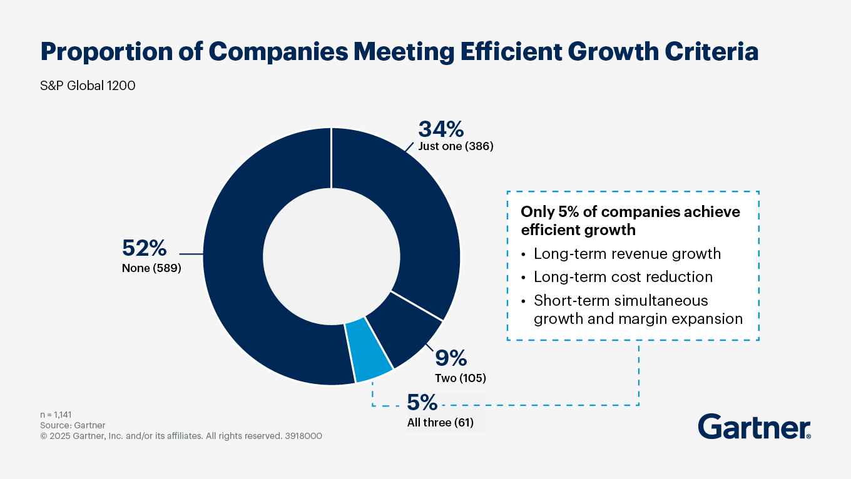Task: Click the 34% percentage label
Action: [x=441, y=129]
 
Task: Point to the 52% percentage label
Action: [x=144, y=248]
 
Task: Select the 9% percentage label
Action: [x=451, y=358]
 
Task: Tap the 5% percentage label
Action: [x=422, y=402]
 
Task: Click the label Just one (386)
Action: [x=456, y=148]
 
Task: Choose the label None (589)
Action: [x=151, y=270]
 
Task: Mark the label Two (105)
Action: [x=460, y=378]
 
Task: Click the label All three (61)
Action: [x=440, y=422]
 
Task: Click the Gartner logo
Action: [x=754, y=427]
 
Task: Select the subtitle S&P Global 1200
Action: [x=88, y=86]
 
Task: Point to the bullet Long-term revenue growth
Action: [x=627, y=254]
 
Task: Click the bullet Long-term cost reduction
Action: [x=623, y=276]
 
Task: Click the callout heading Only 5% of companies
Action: [x=630, y=212]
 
